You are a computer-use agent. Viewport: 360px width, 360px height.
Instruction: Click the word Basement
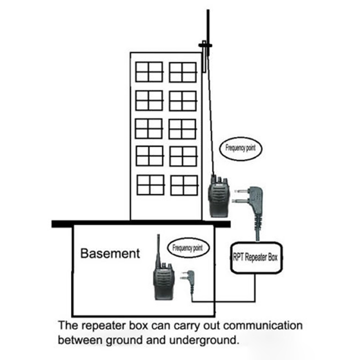(110, 253)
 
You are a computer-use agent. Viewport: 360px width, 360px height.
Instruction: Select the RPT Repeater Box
(256, 258)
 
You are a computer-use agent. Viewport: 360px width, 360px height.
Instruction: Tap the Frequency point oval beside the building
(243, 147)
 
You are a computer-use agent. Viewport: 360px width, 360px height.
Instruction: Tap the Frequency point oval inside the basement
(188, 247)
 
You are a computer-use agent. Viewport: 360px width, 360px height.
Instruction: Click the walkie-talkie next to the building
(218, 198)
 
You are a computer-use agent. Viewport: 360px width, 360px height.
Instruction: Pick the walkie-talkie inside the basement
(163, 281)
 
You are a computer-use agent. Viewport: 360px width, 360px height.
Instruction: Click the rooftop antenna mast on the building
(206, 36)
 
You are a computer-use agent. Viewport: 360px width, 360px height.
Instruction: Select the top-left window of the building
(149, 72)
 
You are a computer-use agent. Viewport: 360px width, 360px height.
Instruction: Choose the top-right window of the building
(183, 72)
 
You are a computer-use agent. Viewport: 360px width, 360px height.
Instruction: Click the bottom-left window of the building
(150, 184)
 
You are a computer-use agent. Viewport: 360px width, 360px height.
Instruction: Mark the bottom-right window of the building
(184, 185)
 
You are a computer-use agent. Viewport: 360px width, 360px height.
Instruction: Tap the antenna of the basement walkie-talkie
(158, 250)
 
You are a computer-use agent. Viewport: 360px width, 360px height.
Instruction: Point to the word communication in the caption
(262, 325)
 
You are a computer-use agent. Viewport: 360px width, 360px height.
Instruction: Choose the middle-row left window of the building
(149, 128)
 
